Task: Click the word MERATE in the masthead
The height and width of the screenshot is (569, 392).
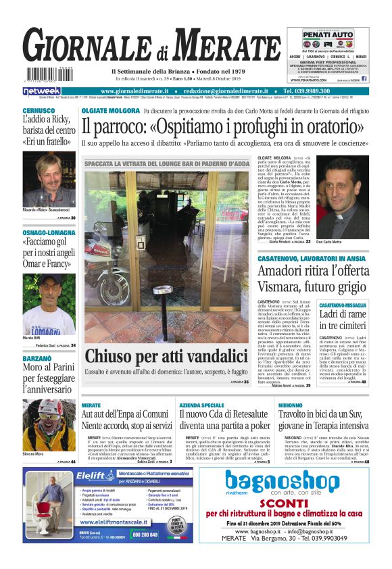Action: (x=220, y=49)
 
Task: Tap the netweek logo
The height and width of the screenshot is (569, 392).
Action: (x=41, y=91)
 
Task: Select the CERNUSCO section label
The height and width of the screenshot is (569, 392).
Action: (x=39, y=111)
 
